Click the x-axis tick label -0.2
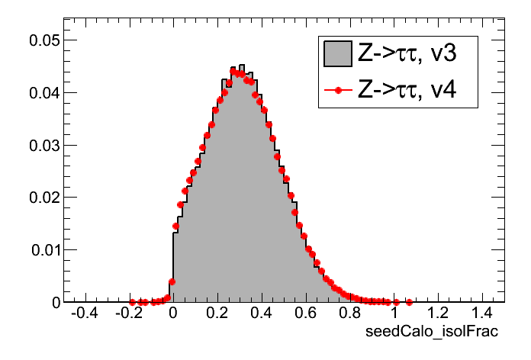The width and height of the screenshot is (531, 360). point(127,313)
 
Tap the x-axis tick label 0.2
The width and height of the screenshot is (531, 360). point(217,313)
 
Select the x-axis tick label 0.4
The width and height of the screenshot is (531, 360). point(262,313)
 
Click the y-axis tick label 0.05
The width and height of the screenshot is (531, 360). point(43,40)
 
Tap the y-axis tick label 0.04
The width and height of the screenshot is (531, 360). point(43,93)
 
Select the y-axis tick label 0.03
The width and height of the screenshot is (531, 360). point(43,145)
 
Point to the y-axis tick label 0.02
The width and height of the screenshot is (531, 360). point(43,198)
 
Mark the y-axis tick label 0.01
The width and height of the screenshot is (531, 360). point(43,250)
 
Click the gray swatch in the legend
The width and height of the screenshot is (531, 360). point(336,53)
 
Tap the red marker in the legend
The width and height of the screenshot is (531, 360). point(336,91)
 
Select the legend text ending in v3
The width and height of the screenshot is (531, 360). point(407,53)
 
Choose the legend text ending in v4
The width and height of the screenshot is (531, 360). point(407,91)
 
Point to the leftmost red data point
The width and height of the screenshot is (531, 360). point(132,302)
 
